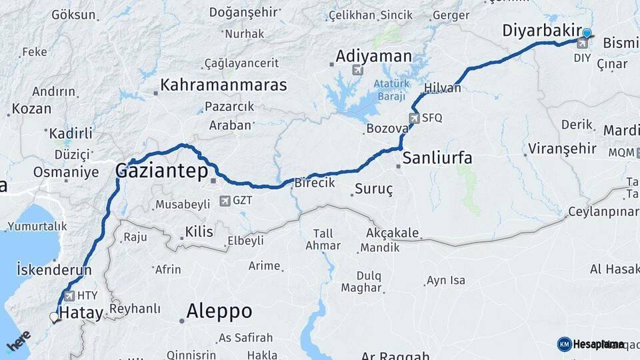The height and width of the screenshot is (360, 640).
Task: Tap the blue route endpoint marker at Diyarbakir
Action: pyautogui.click(x=587, y=33)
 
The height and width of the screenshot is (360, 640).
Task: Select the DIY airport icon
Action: pyautogui.click(x=583, y=44)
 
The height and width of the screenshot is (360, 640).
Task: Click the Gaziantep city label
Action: pyautogui.click(x=161, y=171)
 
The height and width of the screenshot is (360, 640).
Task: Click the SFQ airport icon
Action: pyautogui.click(x=414, y=118)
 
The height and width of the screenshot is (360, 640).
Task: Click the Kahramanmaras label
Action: pyautogui.click(x=223, y=85)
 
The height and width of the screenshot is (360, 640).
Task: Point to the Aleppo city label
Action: pyautogui.click(x=219, y=311)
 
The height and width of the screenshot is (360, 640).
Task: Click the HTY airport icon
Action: pyautogui.click(x=69, y=295)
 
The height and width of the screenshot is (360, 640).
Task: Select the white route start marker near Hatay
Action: pyautogui.click(x=54, y=317)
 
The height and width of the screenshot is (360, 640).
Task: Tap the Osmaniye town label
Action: pyautogui.click(x=66, y=171)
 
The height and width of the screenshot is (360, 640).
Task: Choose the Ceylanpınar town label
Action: pyautogui.click(x=603, y=213)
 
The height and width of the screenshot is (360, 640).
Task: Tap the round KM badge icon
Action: pyautogui.click(x=564, y=344)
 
